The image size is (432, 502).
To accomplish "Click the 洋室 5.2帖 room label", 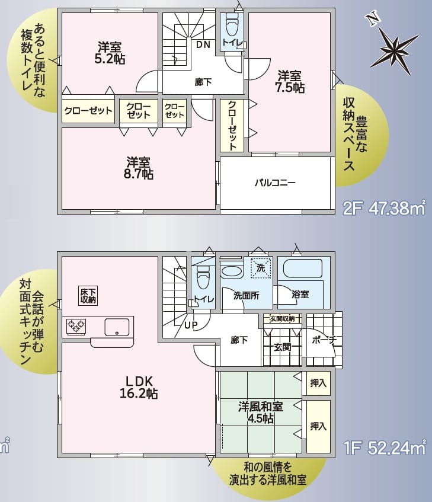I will coord(111,53).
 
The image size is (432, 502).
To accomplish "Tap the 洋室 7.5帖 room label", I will coord(290,82).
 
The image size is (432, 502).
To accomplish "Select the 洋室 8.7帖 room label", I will coord(140,168).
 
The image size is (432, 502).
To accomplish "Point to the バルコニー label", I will coord(275,183).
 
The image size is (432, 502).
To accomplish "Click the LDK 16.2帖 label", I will coord(140,386).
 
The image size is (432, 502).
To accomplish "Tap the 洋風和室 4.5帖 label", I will coord(260,413).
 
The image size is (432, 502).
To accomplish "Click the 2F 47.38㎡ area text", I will coord(384,208).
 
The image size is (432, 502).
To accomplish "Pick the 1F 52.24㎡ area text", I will coord(385,447).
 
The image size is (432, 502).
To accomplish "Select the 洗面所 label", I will coord(245,295).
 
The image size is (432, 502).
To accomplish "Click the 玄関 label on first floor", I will coord(282,347).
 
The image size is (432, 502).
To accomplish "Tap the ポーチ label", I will coord(323,340).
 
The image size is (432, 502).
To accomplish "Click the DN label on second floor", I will coord(203,44).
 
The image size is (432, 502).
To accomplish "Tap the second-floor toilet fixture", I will coord(232,25).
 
